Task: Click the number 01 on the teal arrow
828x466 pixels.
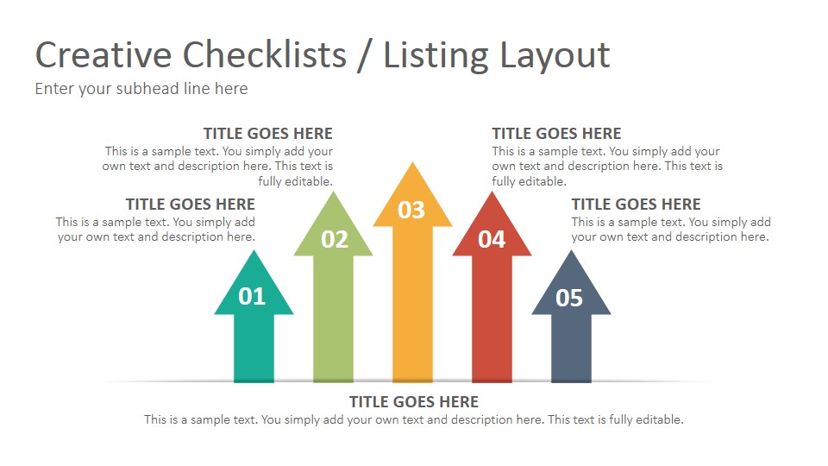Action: [x=252, y=297]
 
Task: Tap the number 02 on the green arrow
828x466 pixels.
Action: [x=334, y=240]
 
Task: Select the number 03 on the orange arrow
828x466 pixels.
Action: [x=411, y=210]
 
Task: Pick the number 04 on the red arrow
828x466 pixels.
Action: [x=492, y=239]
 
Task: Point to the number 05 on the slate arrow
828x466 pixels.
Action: [x=569, y=299]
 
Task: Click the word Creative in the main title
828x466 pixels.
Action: [x=103, y=55]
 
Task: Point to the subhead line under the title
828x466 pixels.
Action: [x=141, y=89]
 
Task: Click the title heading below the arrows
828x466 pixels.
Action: [x=414, y=402]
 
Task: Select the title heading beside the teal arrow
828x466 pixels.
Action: [x=191, y=205]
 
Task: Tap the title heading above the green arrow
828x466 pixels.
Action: [x=268, y=134]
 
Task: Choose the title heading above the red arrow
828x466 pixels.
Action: [x=556, y=134]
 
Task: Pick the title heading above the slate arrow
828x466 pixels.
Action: [x=637, y=205]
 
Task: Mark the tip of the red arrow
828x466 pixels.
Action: [x=492, y=195]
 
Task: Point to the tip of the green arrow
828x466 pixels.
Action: [x=333, y=195]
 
